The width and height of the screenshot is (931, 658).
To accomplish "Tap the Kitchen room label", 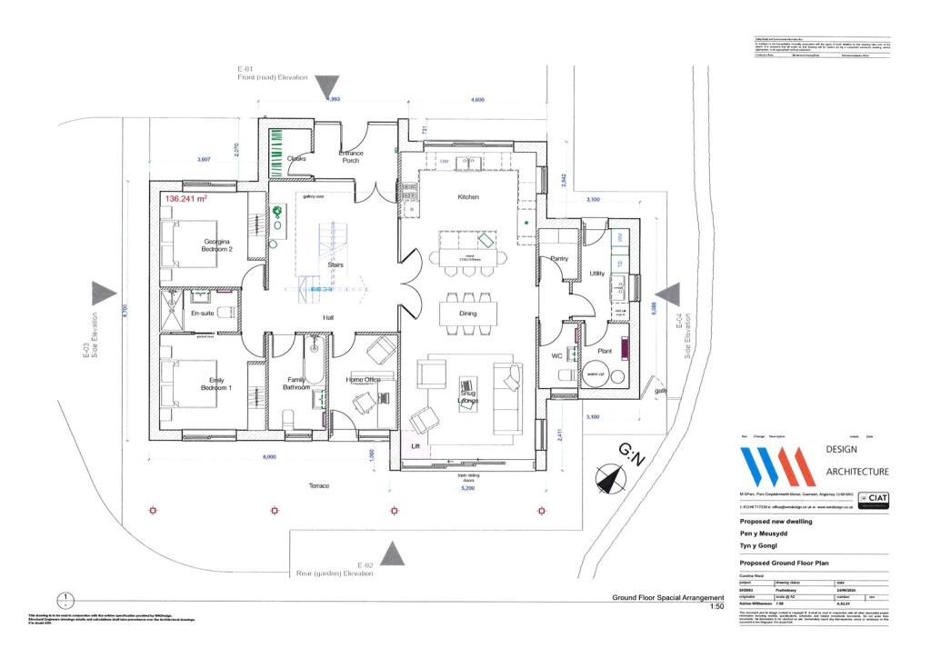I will click(467, 197).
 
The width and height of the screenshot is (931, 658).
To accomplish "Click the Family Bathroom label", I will click(295, 384).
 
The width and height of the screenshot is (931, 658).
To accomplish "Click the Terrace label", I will click(318, 486).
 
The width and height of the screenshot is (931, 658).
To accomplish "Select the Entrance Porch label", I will click(351, 157).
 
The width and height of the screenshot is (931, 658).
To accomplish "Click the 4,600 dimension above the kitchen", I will click(477, 100).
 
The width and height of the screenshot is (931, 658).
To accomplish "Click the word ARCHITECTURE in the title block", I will click(856, 472).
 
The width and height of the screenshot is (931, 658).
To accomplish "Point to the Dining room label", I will click(467, 313).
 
